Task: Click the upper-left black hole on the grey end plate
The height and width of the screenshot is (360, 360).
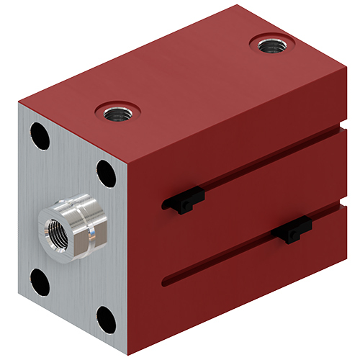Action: pyautogui.click(x=40, y=136)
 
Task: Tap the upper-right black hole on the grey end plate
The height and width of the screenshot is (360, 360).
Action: pyautogui.click(x=107, y=174)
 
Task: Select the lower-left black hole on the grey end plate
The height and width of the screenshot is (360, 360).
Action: pyautogui.click(x=40, y=282)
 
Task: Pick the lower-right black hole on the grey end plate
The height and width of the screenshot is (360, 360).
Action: pyautogui.click(x=106, y=319)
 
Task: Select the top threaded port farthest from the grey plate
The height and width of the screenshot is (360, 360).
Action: pyautogui.click(x=271, y=45)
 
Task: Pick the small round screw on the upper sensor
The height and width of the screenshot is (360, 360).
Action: pyautogui.click(x=186, y=207)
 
